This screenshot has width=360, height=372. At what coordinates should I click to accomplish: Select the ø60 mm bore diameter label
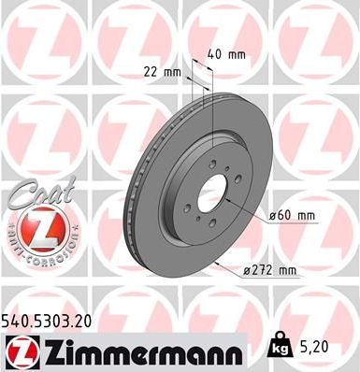(292, 216)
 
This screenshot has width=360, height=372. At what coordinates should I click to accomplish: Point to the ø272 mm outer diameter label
(270, 271)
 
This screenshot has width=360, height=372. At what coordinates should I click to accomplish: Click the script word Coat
(31, 196)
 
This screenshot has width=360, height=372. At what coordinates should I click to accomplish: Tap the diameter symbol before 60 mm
(272, 216)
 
